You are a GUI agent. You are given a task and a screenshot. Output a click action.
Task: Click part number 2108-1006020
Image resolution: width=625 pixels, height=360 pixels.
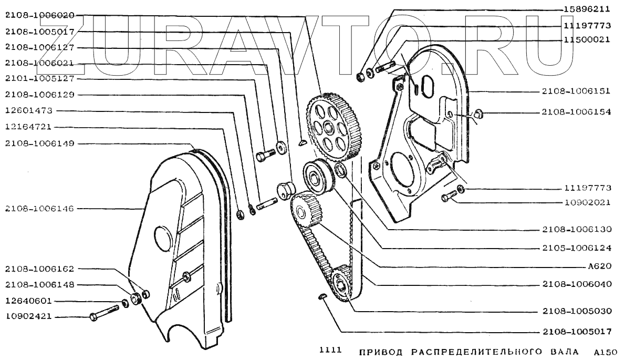39,15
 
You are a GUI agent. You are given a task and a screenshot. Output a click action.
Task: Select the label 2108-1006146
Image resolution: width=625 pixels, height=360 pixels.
39,209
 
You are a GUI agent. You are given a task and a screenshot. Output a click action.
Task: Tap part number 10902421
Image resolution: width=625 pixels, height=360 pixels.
28,317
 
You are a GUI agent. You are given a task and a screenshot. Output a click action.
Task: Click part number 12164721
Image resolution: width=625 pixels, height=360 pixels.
28,127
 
